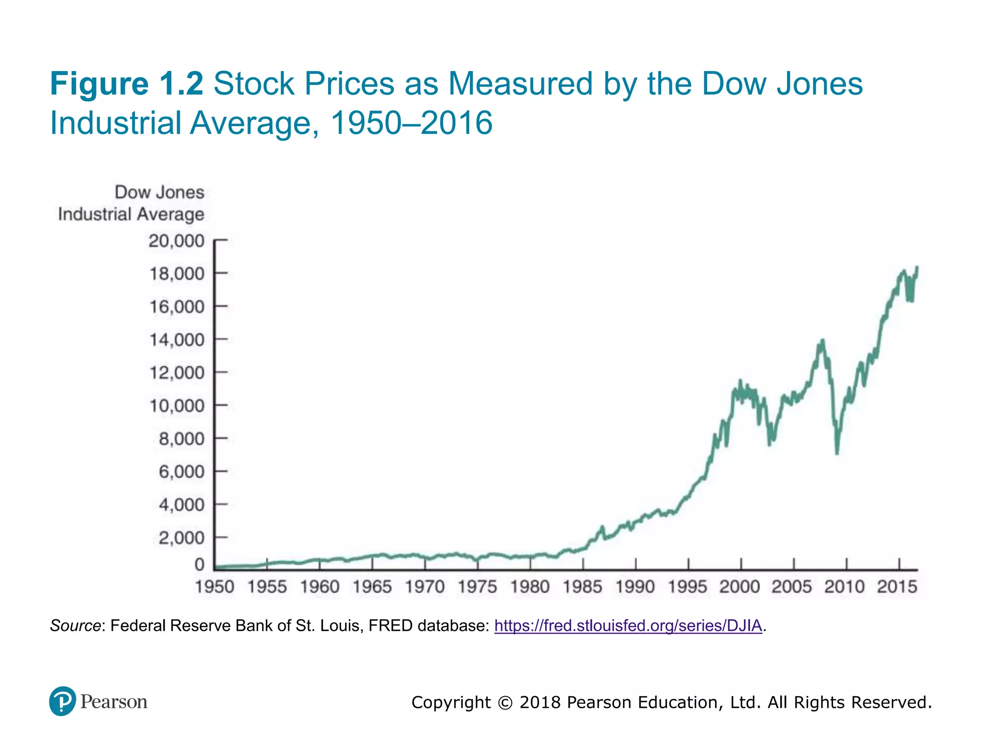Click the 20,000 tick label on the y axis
(x=176, y=241)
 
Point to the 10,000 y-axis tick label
(x=176, y=406)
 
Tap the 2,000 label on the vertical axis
(x=181, y=538)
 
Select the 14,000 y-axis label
(x=176, y=340)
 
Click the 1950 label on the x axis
(x=214, y=587)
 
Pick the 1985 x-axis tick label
(x=582, y=587)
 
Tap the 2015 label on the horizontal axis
(x=897, y=587)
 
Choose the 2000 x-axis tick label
(x=739, y=587)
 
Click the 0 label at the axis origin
(x=199, y=565)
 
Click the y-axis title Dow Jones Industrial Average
(x=131, y=203)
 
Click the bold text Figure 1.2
(x=127, y=84)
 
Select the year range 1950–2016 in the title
(x=411, y=123)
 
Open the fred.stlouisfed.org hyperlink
(x=628, y=626)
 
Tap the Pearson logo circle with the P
(x=62, y=701)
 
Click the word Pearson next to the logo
(x=114, y=701)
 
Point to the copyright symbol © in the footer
(x=505, y=702)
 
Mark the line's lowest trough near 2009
(x=837, y=452)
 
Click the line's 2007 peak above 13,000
(x=823, y=341)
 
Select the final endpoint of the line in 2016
(x=917, y=268)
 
